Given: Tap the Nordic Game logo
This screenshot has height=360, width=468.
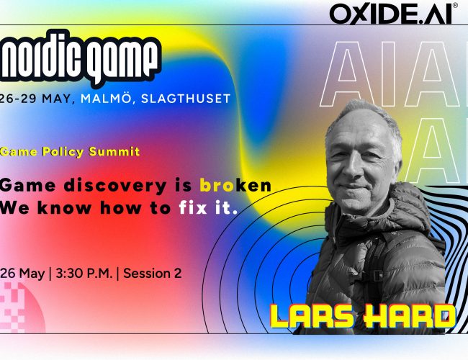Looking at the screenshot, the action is [x=80, y=58].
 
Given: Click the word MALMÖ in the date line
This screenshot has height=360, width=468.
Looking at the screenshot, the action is [x=106, y=99].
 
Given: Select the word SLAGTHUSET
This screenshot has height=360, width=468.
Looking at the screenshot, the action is [x=186, y=99].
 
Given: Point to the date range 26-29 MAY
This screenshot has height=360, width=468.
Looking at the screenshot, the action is [x=35, y=99].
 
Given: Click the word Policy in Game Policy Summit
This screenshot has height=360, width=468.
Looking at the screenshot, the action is [x=63, y=152].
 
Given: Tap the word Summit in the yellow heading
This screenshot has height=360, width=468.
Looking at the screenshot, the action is [x=114, y=152].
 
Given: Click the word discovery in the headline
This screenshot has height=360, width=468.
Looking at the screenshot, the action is [x=115, y=186].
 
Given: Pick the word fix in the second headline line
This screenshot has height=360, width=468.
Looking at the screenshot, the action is [x=193, y=207].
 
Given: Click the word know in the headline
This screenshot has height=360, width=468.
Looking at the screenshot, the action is [x=64, y=207].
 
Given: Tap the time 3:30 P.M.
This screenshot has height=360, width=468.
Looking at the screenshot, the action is [x=84, y=273].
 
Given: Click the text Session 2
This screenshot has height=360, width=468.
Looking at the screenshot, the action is [x=153, y=273].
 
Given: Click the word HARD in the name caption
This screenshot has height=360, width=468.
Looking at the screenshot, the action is [x=409, y=317].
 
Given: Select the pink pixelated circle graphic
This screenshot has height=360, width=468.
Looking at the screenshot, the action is [x=21, y=307].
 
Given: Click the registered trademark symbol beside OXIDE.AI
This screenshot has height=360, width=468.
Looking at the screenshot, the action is [x=455, y=5].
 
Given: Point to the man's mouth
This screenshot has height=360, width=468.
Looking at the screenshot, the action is [x=355, y=187].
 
